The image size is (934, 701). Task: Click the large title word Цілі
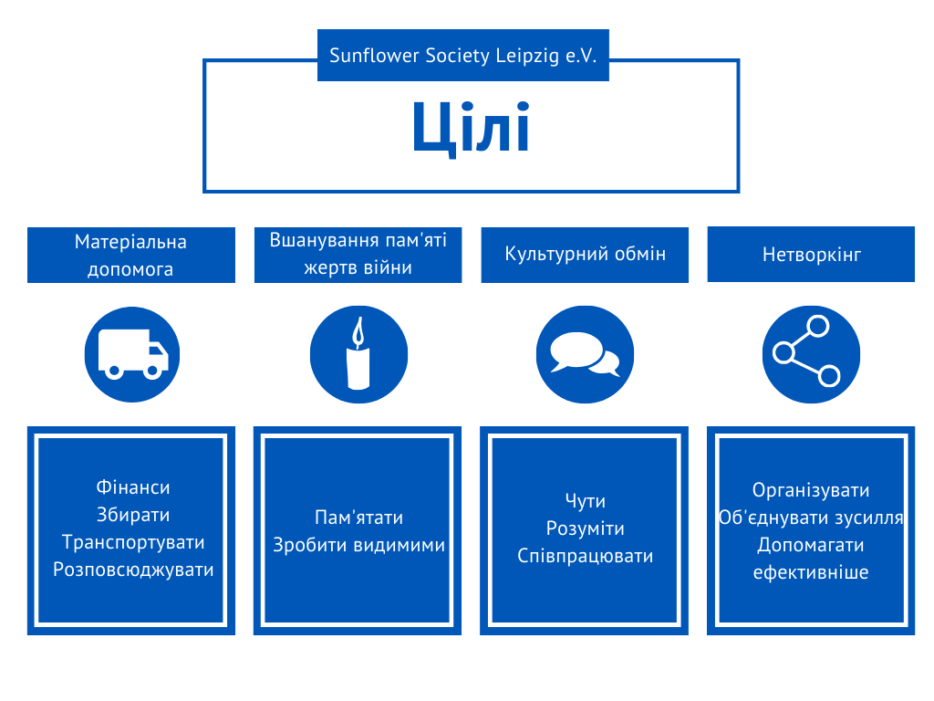(471, 128)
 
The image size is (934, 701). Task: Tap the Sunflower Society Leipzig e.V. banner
(462, 56)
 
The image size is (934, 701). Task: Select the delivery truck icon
(132, 354)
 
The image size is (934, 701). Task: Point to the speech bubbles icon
(585, 354)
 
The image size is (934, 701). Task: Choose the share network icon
(811, 354)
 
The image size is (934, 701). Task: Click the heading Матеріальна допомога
(130, 256)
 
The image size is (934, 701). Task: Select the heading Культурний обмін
(585, 254)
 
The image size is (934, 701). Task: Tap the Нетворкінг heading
(811, 254)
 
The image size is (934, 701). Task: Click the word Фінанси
(133, 488)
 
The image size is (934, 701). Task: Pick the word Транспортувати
(133, 542)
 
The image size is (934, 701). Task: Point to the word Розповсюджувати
(133, 570)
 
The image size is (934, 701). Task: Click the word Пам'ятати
(358, 518)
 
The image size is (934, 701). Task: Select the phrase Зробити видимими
(358, 545)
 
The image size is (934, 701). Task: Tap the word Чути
(585, 501)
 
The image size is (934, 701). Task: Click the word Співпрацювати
(585, 556)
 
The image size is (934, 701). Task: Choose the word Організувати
(811, 491)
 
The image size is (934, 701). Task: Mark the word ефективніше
(811, 573)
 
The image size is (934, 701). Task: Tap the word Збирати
(133, 516)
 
